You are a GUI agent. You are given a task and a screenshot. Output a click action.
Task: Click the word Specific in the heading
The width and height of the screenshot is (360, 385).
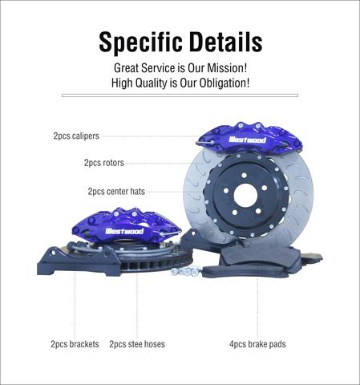[x=141, y=43]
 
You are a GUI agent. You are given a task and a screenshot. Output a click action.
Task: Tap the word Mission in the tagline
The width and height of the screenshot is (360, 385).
[x=227, y=68]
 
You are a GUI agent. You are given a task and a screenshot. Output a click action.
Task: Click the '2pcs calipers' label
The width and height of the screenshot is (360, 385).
[x=76, y=136]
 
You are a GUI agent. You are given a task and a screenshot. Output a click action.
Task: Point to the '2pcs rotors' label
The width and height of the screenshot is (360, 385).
[x=104, y=163]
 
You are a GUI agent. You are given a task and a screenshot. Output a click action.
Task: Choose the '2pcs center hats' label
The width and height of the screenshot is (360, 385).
[x=116, y=191]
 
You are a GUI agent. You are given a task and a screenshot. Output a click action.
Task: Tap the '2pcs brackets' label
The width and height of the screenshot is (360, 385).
[x=75, y=344]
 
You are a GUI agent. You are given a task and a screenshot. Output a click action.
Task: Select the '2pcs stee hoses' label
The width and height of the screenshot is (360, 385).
[x=137, y=344]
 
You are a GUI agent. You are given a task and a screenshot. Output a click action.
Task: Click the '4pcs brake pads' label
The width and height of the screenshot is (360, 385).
[x=257, y=344]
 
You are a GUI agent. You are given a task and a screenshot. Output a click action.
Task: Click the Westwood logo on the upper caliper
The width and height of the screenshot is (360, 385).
[x=248, y=140]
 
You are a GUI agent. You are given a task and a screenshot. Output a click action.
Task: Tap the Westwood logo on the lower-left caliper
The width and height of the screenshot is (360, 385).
[x=124, y=231]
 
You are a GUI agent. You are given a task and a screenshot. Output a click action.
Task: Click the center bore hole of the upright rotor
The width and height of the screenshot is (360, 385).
[x=245, y=195]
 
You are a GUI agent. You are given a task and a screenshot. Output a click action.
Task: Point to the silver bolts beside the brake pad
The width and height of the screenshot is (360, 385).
[x=185, y=271]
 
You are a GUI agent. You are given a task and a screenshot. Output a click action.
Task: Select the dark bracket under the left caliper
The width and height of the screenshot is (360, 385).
[x=79, y=261]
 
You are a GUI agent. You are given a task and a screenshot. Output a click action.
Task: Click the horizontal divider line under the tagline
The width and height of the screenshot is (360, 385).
[x=180, y=95]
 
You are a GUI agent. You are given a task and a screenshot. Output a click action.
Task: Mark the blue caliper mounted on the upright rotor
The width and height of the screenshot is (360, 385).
[x=250, y=139]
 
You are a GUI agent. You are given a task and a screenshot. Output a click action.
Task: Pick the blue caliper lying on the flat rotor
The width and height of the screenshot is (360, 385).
[x=126, y=225]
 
